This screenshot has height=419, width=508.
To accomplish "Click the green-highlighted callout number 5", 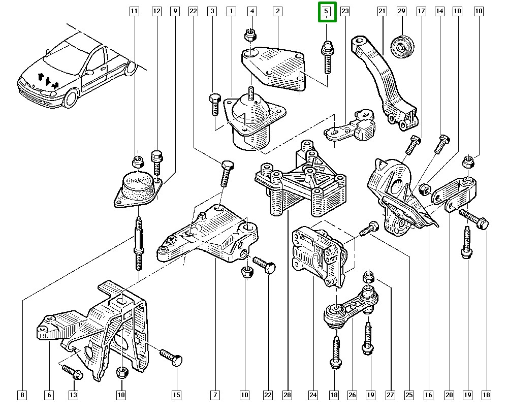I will click(327, 11).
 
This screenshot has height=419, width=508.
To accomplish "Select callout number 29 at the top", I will click(401, 11).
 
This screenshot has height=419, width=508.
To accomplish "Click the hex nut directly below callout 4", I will click(249, 35).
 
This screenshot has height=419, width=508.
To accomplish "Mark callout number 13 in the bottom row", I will click(73, 395).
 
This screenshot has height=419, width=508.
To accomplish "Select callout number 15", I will click(176, 395).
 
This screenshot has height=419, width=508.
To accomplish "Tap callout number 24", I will click(312, 395).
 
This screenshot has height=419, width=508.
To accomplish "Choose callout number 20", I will click(449, 395).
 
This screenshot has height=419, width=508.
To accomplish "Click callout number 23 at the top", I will click(345, 11).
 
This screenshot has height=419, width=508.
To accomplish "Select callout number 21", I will click(383, 11).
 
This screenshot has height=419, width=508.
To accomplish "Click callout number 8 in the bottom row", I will click(21, 395).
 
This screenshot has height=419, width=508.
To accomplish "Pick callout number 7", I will click(215, 395).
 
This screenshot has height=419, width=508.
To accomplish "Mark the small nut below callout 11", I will click(137, 163).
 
